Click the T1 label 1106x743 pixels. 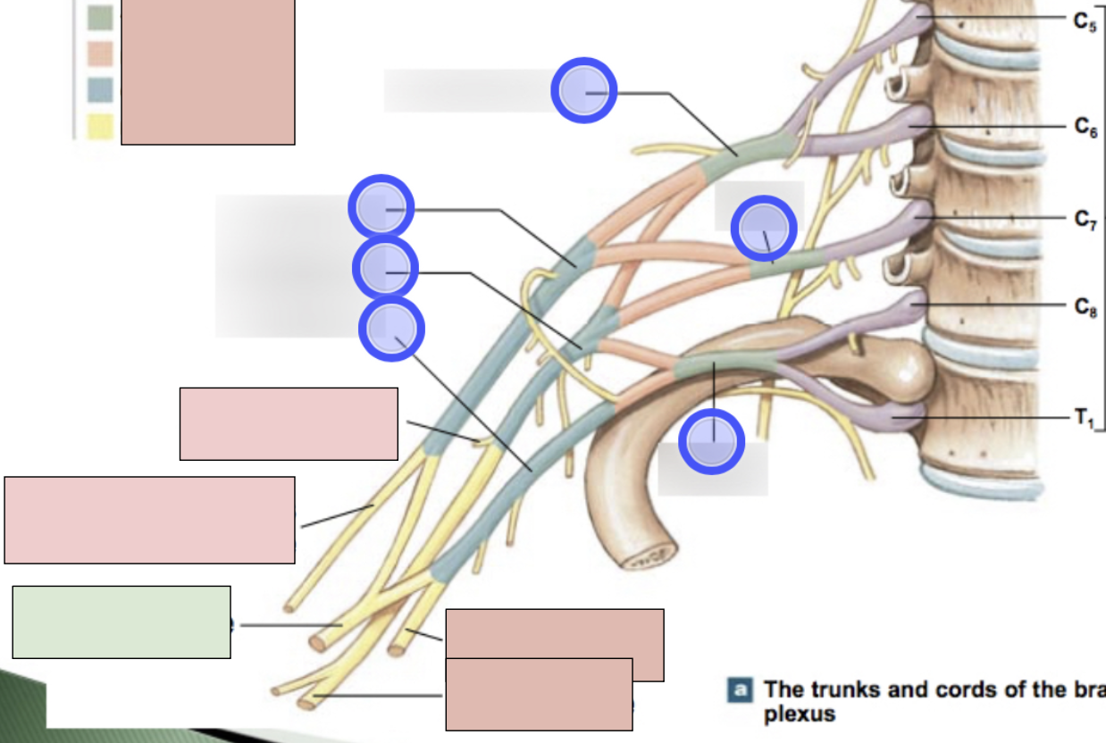click(1084, 418)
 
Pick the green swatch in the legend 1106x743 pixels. click(100, 18)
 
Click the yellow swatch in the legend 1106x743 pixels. click(100, 127)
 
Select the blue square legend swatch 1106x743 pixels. click(100, 90)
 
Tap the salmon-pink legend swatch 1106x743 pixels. click(100, 54)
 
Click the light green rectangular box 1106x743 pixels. click(121, 622)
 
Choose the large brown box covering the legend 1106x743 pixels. click(207, 71)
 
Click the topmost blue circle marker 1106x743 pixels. click(583, 90)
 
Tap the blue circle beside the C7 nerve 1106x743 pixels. click(764, 229)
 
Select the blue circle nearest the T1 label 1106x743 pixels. click(712, 441)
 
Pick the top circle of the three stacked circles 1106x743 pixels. click(381, 208)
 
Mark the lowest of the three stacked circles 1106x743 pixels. click(391, 329)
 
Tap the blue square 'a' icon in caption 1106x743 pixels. click(740, 690)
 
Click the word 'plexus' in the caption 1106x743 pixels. click(800, 714)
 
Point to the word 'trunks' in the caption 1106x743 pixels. click(842, 690)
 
